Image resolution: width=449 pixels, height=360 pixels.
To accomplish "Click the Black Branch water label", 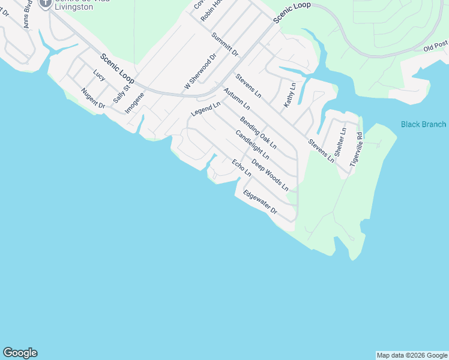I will point(423,124).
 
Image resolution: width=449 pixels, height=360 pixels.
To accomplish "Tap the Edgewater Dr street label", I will point(259,203).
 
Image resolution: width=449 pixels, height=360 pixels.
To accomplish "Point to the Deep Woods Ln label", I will point(274,175).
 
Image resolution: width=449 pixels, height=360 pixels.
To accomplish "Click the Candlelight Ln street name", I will point(252,145).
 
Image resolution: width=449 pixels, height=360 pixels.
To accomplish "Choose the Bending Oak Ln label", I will point(258,133).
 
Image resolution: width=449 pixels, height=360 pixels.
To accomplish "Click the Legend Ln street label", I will point(206,109).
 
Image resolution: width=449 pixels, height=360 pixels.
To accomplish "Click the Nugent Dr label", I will point(93,98).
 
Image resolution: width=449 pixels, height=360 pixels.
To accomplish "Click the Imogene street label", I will point(134,103).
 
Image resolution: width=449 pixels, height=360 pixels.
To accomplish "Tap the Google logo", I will point(20,353).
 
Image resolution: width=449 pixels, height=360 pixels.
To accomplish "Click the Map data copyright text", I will point(412,355).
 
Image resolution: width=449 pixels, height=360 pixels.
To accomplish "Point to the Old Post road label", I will point(435,46).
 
